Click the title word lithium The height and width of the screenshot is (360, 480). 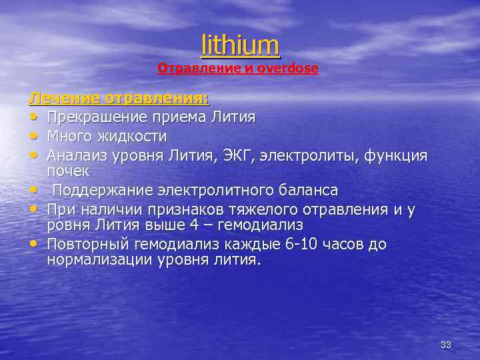pos(240,45)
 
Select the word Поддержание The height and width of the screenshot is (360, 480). pos(103,190)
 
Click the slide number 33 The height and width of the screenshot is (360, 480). pos(446,345)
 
